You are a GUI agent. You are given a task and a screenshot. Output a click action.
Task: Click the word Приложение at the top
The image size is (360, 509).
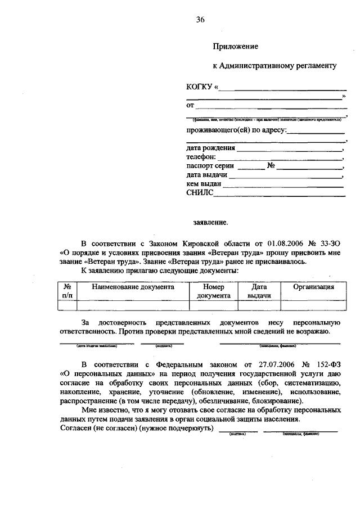point(236,47)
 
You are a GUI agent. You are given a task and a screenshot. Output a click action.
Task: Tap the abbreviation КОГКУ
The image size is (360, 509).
point(199,87)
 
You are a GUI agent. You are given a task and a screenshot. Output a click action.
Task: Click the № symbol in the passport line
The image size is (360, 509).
point(271,166)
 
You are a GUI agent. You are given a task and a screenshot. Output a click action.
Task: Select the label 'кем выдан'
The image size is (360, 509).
point(204,183)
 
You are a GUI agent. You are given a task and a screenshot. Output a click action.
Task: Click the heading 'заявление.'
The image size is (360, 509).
point(211,223)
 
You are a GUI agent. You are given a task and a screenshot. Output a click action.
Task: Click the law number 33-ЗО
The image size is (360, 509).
point(329,243)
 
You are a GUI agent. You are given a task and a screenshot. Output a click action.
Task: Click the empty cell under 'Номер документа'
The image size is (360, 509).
point(213,305)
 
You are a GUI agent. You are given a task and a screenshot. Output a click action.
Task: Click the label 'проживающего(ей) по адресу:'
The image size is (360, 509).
point(236,131)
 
